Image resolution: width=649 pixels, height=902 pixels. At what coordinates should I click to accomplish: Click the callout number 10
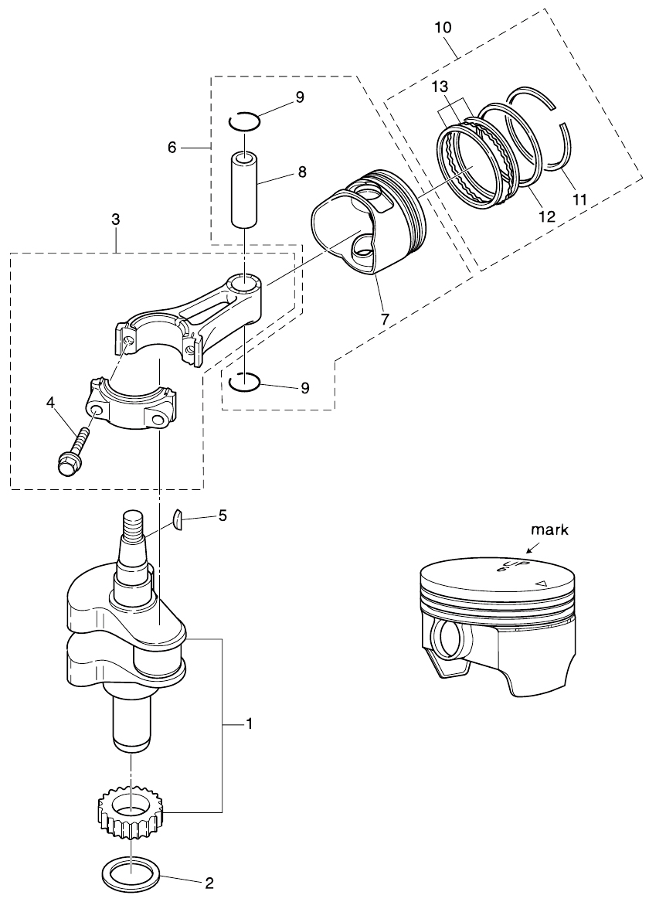(444, 27)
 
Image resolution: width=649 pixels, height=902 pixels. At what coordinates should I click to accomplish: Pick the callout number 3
(115, 220)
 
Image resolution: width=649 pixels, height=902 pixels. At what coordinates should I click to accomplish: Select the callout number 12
(546, 217)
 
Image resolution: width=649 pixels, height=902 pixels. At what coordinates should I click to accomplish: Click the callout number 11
(579, 199)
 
